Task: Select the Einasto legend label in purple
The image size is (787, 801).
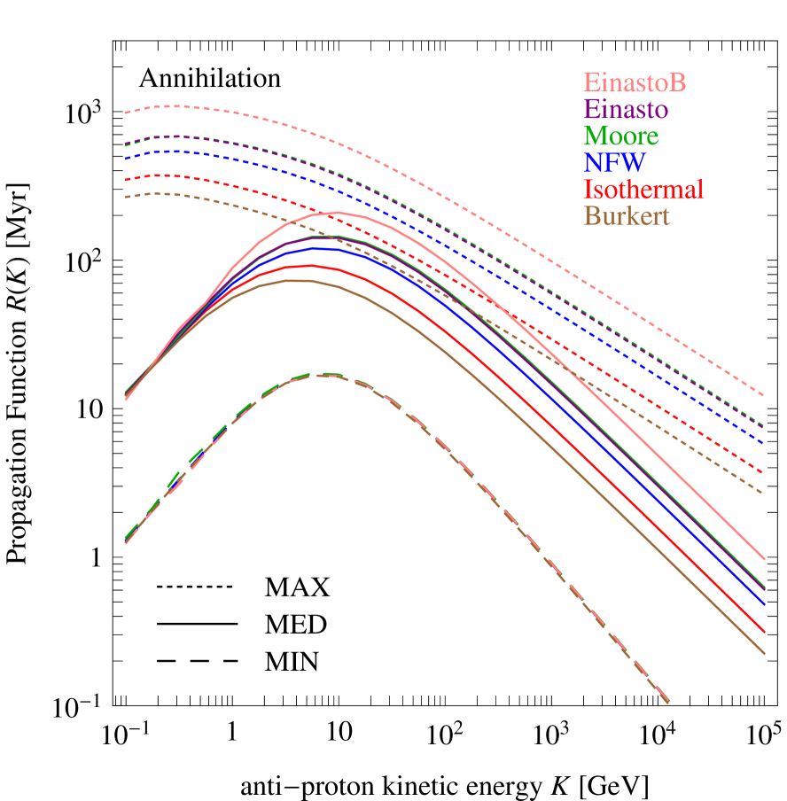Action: [x=626, y=110]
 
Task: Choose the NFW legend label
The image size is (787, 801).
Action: [x=615, y=163]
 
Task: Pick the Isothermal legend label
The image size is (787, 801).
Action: [x=643, y=190]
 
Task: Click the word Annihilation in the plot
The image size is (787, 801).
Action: [x=209, y=78]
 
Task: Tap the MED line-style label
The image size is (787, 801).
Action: [x=296, y=624]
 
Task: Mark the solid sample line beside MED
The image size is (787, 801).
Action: [x=198, y=624]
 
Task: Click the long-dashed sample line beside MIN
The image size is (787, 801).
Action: [x=198, y=661]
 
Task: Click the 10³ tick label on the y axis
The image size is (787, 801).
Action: [x=84, y=113]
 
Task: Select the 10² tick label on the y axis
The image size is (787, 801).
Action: [x=84, y=262]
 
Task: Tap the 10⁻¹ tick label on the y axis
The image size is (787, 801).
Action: [x=81, y=707]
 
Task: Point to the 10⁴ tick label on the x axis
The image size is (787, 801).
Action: [x=658, y=734]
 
